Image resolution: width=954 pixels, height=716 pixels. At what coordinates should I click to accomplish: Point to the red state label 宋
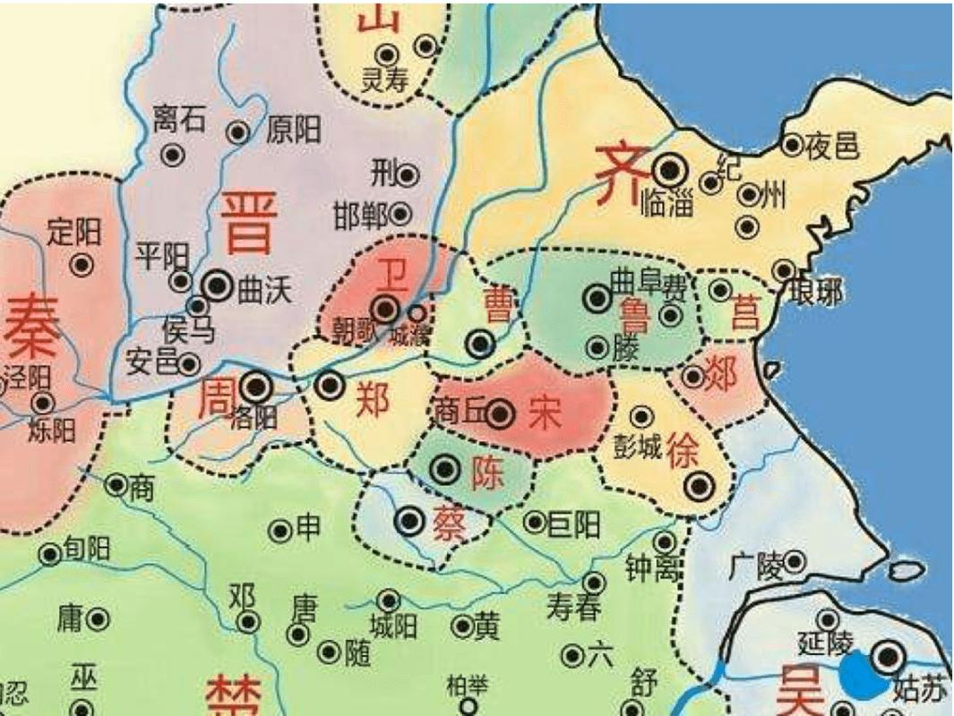(544, 413)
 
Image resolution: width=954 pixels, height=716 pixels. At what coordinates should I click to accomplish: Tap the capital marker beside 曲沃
(218, 286)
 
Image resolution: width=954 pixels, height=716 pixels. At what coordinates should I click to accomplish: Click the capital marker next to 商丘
(500, 413)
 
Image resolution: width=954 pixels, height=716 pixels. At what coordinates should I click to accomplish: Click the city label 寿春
(573, 609)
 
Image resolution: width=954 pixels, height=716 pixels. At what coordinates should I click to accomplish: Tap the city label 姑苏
(919, 689)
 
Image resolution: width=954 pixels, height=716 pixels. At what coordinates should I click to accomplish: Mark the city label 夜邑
(832, 144)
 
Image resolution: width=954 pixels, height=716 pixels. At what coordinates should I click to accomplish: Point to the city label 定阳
(74, 234)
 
